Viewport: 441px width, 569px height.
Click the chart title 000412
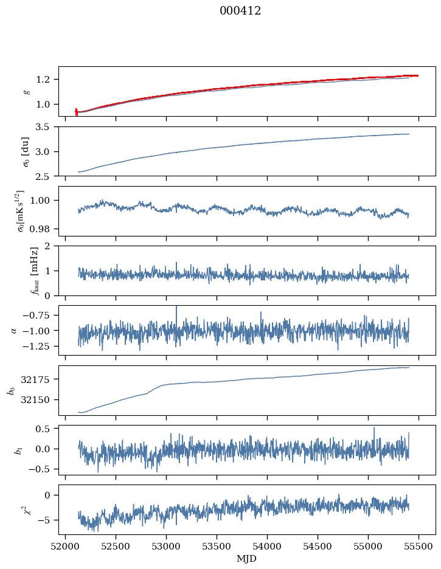240,11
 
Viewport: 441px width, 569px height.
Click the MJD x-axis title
246,558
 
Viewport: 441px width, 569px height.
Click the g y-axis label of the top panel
26,91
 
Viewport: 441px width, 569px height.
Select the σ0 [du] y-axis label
26,151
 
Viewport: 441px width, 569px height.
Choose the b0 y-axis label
11,390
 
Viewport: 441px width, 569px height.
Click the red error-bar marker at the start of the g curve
76,112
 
